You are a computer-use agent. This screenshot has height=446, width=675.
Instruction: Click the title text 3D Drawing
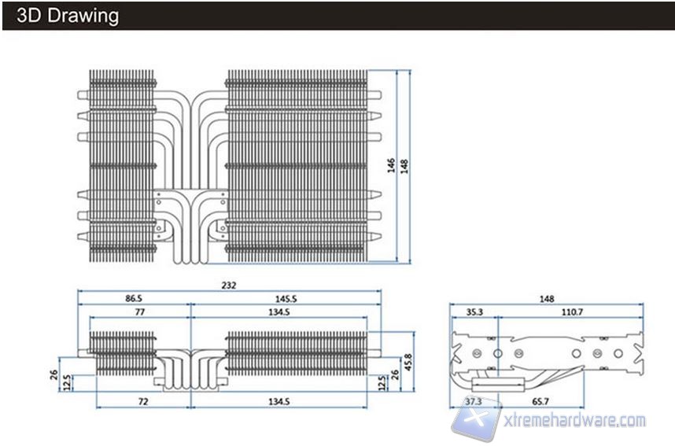(67, 15)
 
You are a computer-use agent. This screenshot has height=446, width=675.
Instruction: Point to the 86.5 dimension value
(134, 299)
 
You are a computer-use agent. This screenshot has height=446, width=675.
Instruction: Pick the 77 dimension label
(140, 312)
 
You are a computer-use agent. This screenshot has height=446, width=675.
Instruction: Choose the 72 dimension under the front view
(142, 402)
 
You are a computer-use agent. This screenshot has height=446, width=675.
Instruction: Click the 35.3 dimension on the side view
(474, 312)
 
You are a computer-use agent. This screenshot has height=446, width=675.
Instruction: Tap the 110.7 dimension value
(571, 312)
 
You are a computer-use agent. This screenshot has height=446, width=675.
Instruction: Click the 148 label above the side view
(546, 299)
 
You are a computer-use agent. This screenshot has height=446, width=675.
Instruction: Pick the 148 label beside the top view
(404, 166)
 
